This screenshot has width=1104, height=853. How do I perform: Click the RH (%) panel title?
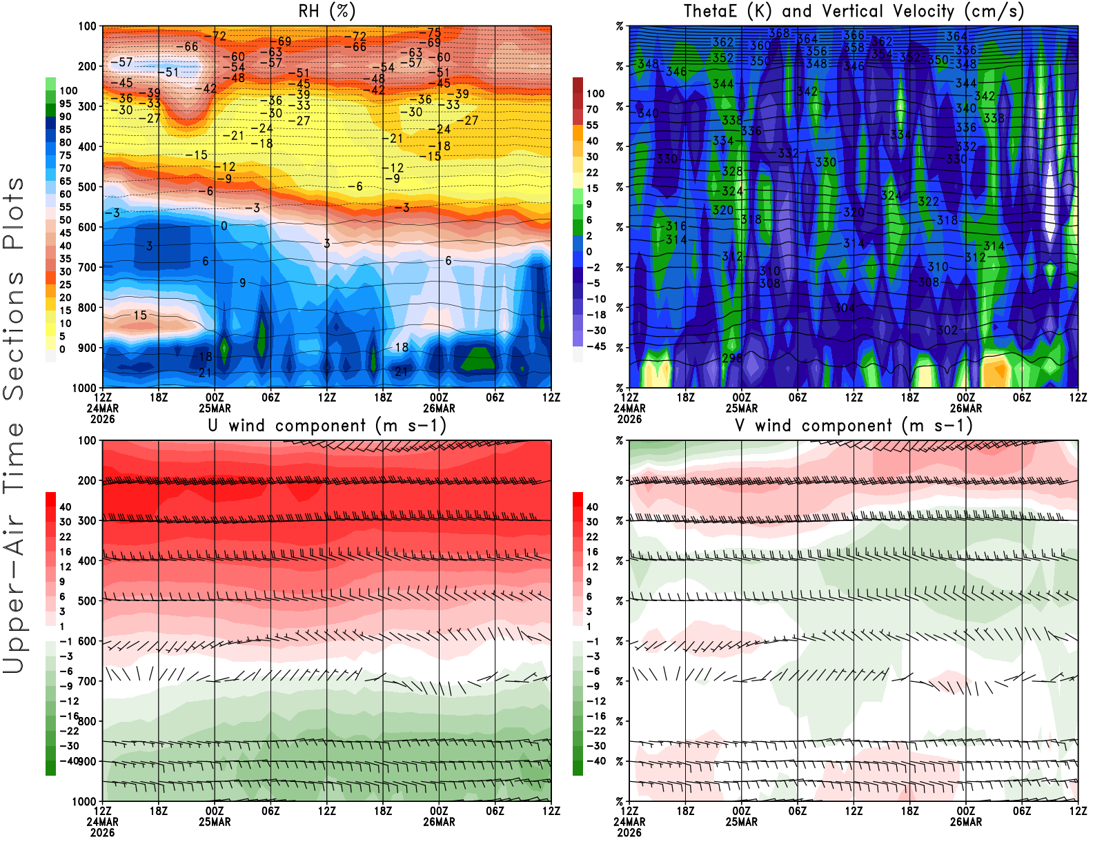[x=326, y=12]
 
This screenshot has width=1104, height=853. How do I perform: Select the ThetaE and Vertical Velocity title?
[x=854, y=12]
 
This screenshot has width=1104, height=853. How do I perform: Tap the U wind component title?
[x=327, y=426]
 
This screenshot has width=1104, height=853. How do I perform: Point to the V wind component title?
[x=854, y=426]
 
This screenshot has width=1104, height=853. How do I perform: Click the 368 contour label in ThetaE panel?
[x=779, y=33]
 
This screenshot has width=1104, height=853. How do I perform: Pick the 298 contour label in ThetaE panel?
[x=732, y=358]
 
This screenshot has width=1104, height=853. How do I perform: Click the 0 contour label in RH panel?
[x=224, y=226]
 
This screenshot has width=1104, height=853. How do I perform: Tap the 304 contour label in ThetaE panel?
[x=845, y=308]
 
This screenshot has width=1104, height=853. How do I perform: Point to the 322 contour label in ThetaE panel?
[x=928, y=202]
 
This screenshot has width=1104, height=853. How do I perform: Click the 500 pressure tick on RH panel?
[x=88, y=187]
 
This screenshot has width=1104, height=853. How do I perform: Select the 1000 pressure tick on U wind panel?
[x=85, y=801]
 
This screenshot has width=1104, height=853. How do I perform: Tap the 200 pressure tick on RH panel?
[x=88, y=66]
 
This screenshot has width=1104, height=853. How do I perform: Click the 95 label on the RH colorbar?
[x=66, y=104]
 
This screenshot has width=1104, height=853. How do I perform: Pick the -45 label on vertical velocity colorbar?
[x=595, y=346]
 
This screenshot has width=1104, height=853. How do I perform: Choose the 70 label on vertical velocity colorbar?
[x=592, y=109]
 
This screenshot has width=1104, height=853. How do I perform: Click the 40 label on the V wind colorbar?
[x=592, y=507]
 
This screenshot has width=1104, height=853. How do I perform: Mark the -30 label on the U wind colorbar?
[x=68, y=746]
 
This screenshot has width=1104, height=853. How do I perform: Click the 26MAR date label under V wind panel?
[x=965, y=822]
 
